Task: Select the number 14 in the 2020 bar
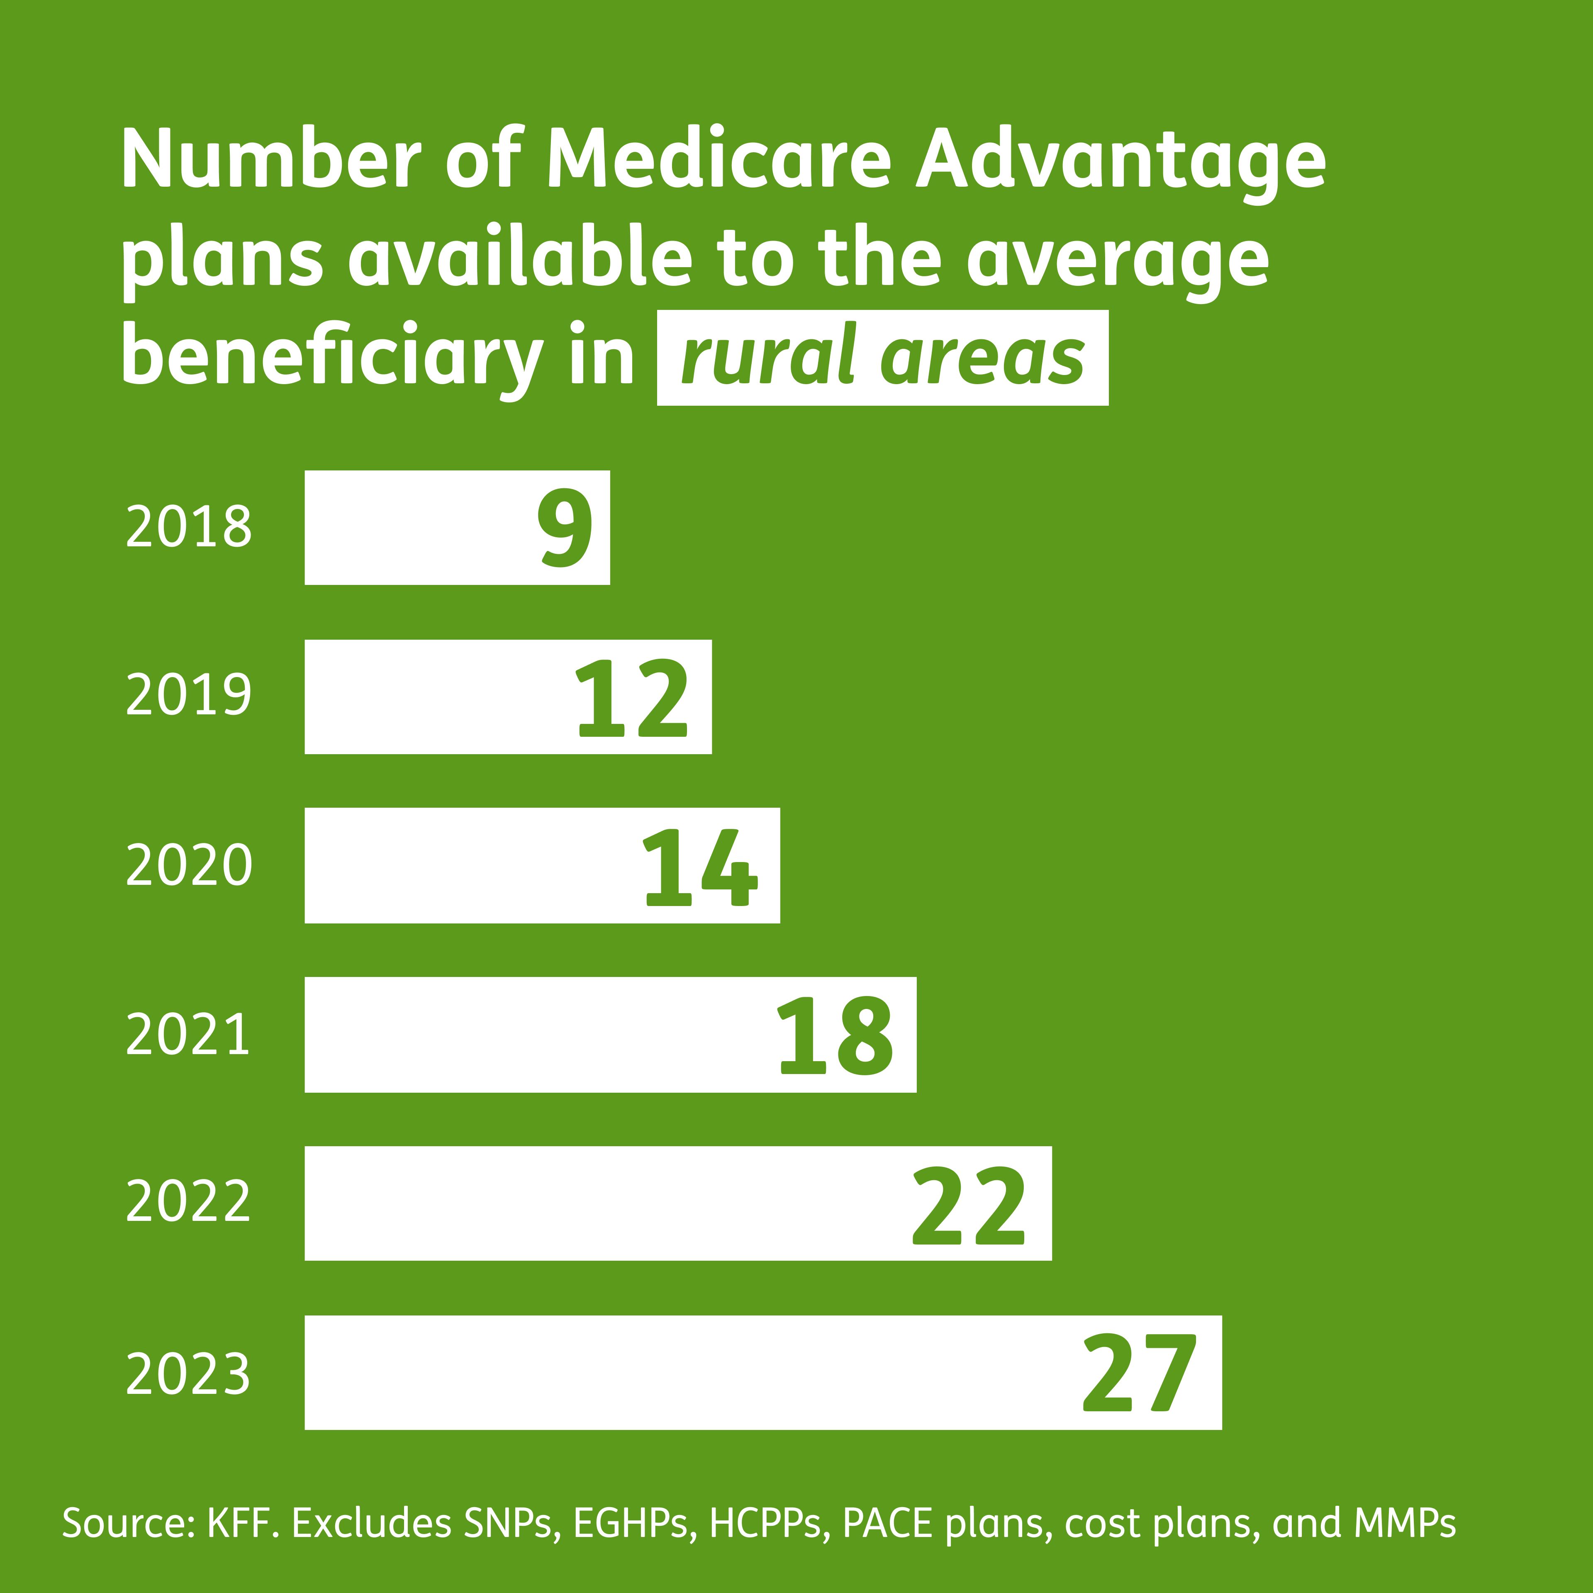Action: [x=699, y=867]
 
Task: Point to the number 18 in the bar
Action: [x=834, y=1036]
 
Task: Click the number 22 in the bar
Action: [x=969, y=1206]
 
